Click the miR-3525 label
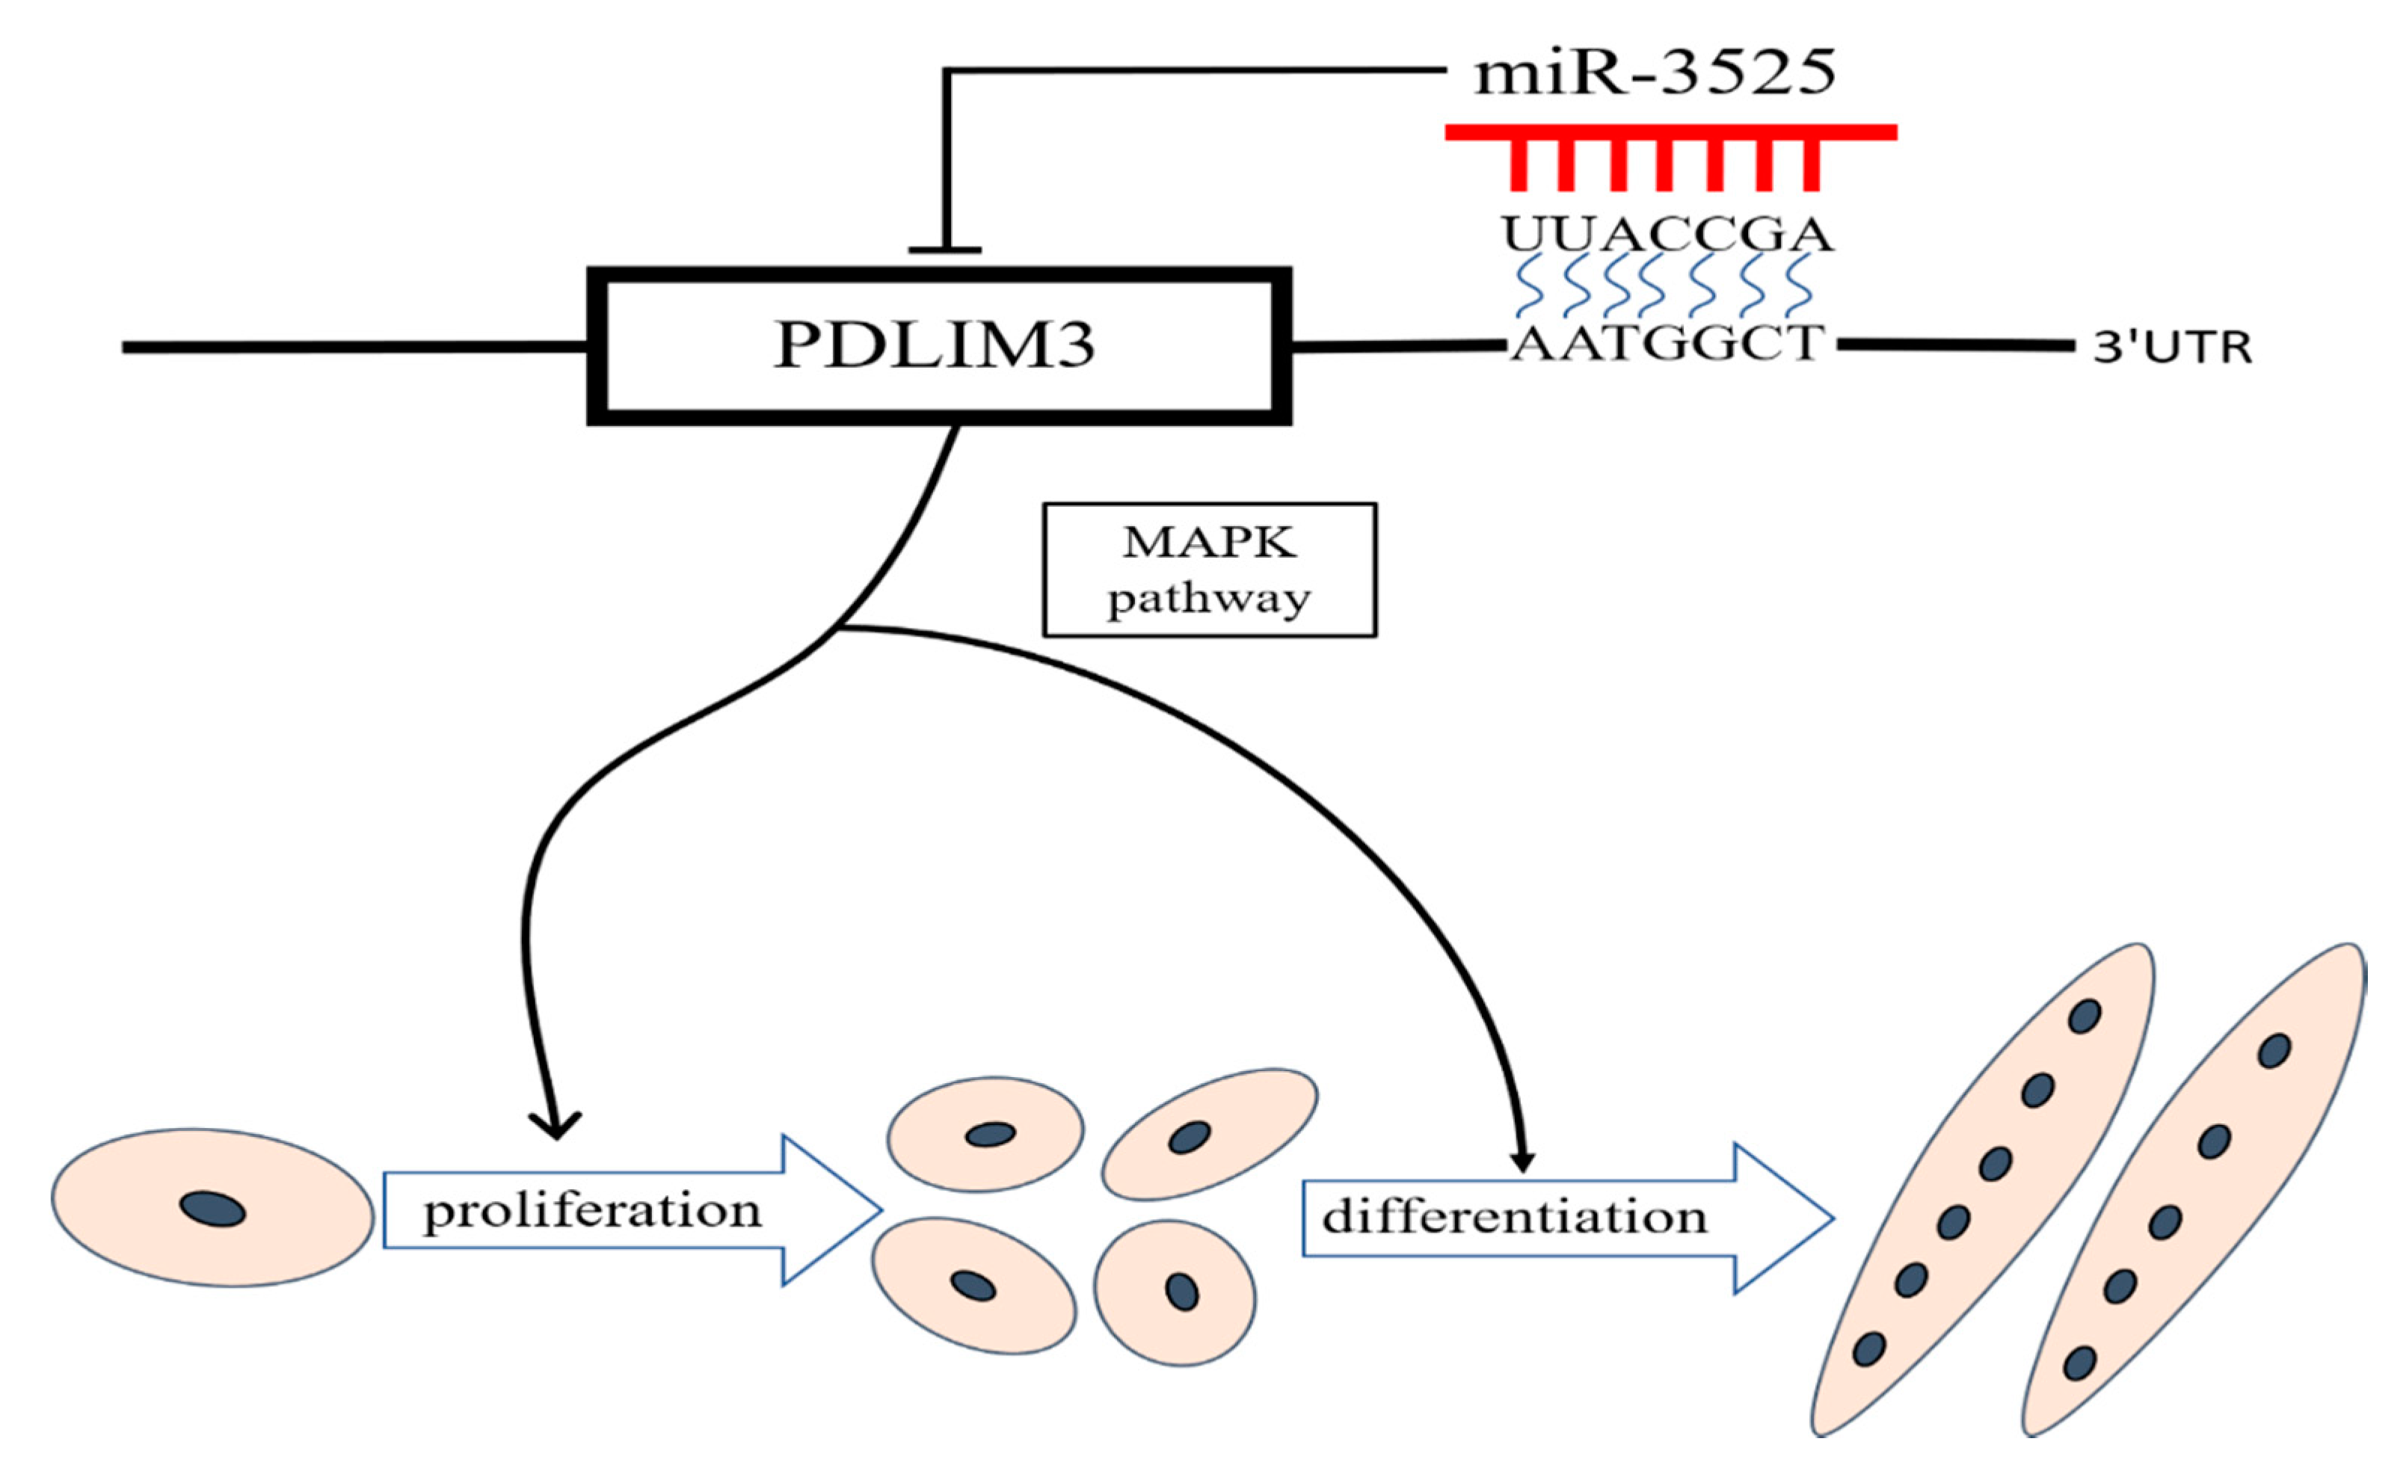tap(1655, 73)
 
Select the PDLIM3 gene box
tap(938, 345)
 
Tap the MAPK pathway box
tap(1209, 570)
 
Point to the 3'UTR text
tap(2171, 348)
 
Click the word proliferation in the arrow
tap(592, 1211)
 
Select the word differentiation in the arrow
tap(1514, 1217)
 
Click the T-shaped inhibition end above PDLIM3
tap(944, 250)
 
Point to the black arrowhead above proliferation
tap(556, 1126)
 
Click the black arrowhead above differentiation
tap(1522, 1161)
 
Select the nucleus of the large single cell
tap(212, 1209)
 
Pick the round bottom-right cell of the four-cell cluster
tap(1175, 1292)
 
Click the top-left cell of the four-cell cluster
tap(985, 1133)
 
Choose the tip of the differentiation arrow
tap(1830, 1218)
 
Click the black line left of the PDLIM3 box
tap(352, 347)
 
